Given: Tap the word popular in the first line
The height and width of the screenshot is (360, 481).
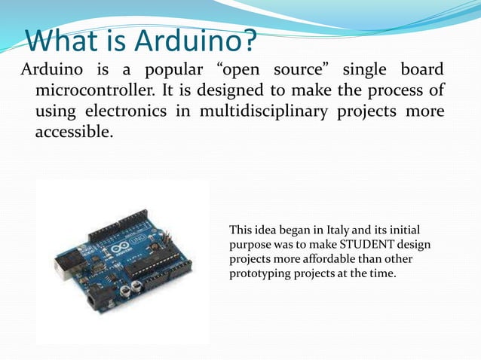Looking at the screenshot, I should pos(171,72).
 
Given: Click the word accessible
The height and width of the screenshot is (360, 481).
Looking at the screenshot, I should pos(73,133).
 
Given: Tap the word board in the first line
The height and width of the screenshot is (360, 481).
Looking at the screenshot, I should pos(418,72).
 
